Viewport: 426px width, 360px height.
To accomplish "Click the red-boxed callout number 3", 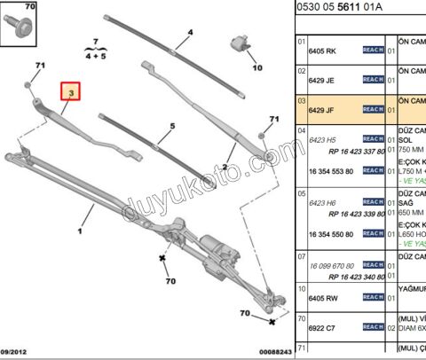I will (71, 90).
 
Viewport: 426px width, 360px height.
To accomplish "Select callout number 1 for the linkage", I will (80, 231).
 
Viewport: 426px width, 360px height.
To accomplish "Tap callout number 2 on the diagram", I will (225, 168).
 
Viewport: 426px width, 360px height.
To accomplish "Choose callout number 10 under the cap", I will (256, 67).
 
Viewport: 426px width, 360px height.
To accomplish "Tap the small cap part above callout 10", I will (239, 43).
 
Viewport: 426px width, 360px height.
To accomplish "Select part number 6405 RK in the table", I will (322, 51).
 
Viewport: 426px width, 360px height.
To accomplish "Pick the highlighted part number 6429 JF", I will (322, 110).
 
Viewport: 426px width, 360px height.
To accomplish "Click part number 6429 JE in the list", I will (322, 81).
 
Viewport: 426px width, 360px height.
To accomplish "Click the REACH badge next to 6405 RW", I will (373, 298).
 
